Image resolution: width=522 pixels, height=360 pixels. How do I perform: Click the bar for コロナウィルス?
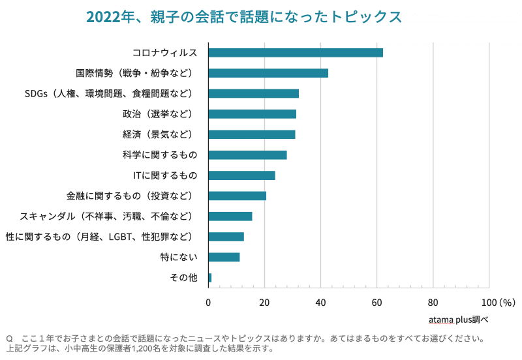point(295,53)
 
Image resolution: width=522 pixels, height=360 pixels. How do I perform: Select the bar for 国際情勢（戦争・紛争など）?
point(268,73)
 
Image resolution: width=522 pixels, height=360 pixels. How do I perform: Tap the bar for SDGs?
point(253,93)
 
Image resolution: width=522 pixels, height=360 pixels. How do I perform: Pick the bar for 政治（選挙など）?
point(252,114)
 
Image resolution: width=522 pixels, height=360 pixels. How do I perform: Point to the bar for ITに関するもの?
point(241,175)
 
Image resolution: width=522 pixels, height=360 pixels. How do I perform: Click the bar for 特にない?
point(224,257)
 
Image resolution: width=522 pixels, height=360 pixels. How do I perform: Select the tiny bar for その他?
point(209,278)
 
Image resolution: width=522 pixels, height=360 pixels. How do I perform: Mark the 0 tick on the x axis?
point(208,303)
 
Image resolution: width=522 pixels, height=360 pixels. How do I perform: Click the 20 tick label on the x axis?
point(264,303)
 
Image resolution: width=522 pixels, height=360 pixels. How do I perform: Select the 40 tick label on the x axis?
point(320,303)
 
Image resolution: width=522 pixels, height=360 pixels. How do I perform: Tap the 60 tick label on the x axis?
point(376,303)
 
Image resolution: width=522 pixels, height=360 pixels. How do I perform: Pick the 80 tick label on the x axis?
point(433,303)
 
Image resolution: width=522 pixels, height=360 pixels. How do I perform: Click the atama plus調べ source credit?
point(459,320)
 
